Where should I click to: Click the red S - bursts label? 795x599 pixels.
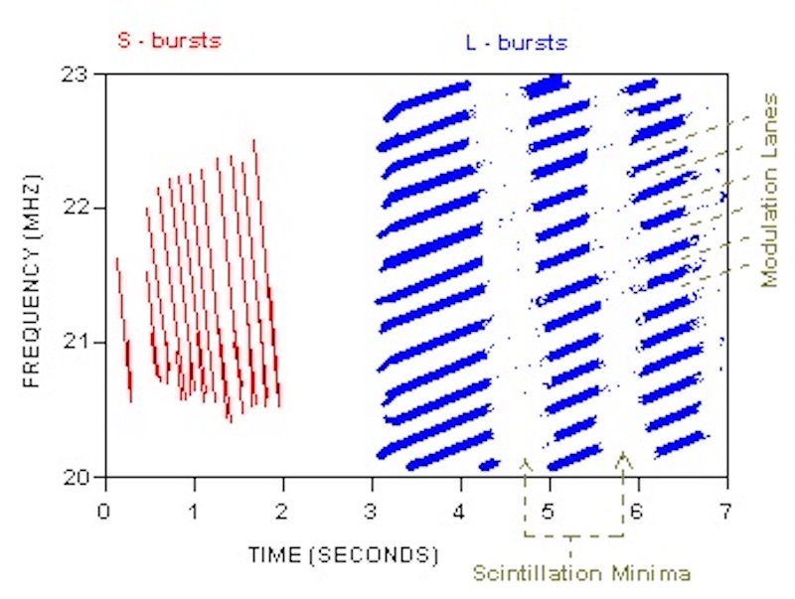[170, 42]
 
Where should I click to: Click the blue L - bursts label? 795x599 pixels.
[516, 43]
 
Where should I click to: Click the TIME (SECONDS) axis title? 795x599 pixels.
[344, 552]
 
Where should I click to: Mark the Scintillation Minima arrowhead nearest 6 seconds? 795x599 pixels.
[623, 457]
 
